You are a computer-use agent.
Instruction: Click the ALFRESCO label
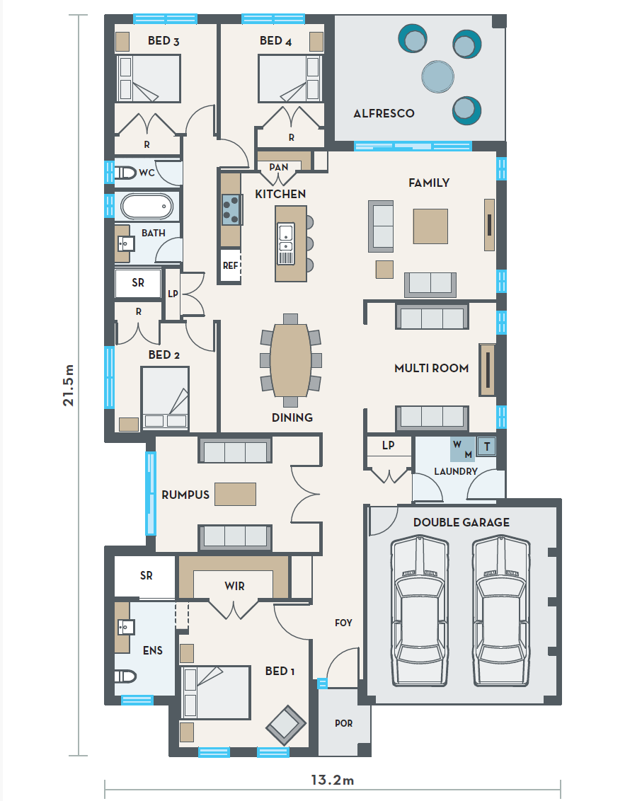pos(384,113)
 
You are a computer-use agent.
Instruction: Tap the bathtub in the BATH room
pos(147,207)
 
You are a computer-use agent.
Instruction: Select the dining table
pos(290,360)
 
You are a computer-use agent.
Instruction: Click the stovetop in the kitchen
pos(231,210)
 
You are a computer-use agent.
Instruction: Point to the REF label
pos(230,265)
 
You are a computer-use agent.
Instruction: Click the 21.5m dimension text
pos(69,385)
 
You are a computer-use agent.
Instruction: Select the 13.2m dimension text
pos(332,780)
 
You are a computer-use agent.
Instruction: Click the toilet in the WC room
pos(125,173)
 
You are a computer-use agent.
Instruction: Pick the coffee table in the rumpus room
pos(235,494)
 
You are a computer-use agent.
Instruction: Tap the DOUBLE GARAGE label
pos(461,523)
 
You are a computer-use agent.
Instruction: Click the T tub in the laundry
pos(486,446)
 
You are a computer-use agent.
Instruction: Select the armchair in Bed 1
pos(286,725)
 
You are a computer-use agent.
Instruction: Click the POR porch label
pos(343,723)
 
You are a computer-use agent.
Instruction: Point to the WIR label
pos(234,586)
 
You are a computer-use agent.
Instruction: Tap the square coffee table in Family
pos(430,226)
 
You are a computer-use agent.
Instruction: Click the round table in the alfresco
pos(437,76)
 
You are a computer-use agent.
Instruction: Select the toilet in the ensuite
pos(125,677)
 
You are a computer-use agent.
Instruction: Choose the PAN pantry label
pos(279,167)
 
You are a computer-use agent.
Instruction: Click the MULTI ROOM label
pos(431,369)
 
